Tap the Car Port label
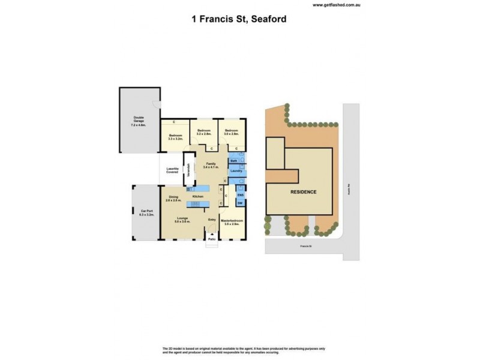tap(148, 212)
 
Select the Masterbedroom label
tap(232, 221)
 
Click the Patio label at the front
tap(212, 239)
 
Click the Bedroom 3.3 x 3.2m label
tap(175, 137)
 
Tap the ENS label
tap(240, 196)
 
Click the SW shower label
tap(240, 204)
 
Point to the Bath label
tap(233, 161)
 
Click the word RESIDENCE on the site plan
tap(304, 193)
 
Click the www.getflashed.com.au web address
tap(335, 5)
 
